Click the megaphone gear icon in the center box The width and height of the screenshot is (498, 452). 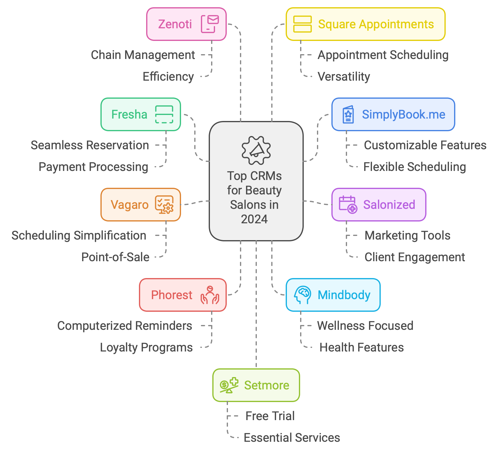tap(256, 150)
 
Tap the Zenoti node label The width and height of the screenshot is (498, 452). tap(175, 24)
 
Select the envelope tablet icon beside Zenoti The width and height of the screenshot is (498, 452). tap(210, 24)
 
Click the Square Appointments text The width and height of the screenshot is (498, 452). tap(376, 24)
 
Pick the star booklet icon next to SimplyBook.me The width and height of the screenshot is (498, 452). tap(348, 114)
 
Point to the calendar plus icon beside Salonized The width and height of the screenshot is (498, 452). tap(348, 205)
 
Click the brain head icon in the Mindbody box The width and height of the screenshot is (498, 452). tap(302, 295)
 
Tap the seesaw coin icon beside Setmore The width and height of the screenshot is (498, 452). tap(229, 385)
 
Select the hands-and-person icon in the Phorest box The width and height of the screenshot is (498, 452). tap(210, 295)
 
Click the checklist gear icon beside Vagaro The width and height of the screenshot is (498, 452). tap(164, 205)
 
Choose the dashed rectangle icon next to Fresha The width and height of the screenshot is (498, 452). tap(164, 114)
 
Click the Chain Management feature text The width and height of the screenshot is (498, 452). tap(143, 55)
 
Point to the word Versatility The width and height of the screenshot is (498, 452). tap(344, 77)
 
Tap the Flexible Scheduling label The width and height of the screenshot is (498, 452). tap(414, 167)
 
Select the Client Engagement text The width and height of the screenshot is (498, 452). tap(415, 257)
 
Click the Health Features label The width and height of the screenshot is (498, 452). tap(361, 348)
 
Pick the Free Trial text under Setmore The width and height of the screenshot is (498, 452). tap(270, 416)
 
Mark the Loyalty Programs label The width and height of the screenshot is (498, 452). tap(146, 348)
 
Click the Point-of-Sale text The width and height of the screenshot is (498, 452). tap(115, 257)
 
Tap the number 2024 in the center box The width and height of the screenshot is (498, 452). tap(254, 219)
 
